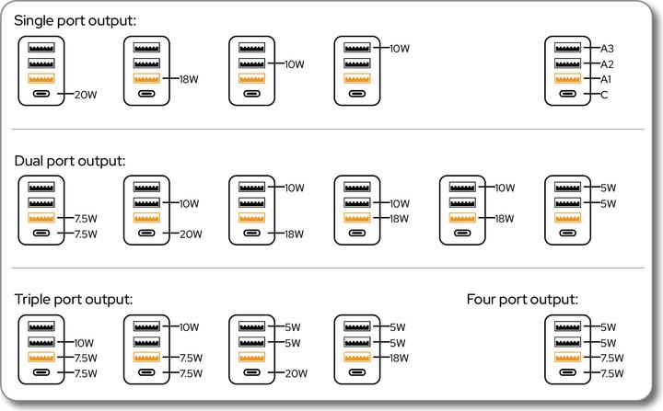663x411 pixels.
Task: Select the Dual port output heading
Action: click(69, 160)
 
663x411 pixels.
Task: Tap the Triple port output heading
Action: click(74, 300)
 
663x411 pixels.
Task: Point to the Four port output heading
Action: click(522, 300)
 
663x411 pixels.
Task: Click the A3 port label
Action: click(607, 48)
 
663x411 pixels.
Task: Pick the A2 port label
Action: click(607, 63)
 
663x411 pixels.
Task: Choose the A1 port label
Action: click(607, 79)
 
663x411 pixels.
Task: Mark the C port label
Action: click(604, 95)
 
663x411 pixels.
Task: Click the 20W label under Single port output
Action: click(85, 95)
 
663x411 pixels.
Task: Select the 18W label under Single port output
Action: click(190, 79)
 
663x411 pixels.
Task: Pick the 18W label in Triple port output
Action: click(400, 359)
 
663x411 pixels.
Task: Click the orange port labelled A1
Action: click(565, 79)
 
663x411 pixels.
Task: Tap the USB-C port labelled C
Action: click(565, 95)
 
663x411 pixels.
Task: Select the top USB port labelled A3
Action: click(565, 48)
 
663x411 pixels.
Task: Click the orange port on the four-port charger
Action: click(565, 359)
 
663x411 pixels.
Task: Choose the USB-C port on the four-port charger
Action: click(565, 374)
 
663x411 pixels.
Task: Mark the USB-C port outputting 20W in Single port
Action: click(41, 95)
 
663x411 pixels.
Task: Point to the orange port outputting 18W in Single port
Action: click(145, 79)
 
